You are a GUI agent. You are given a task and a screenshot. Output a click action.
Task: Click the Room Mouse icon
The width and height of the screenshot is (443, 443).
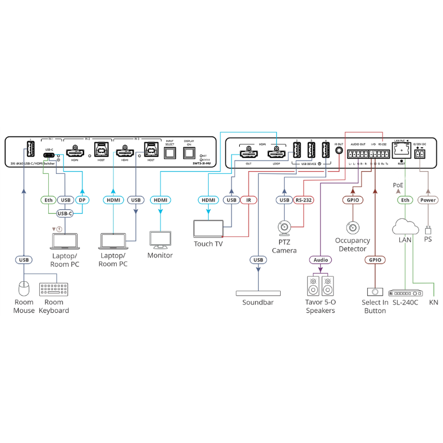click(x=24, y=289)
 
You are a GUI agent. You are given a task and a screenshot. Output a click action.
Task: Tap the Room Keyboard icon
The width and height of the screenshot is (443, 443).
click(x=53, y=290)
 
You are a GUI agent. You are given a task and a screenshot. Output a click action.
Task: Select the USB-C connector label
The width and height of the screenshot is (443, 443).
click(x=65, y=213)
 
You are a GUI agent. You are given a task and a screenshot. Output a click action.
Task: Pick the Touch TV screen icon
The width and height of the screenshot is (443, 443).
click(x=208, y=229)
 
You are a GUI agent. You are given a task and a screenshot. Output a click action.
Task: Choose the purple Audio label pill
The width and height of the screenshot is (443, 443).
click(x=320, y=259)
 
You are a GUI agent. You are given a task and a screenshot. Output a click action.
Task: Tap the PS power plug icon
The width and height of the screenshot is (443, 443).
click(x=427, y=228)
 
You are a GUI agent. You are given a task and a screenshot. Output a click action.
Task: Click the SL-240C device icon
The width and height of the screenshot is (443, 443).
click(x=405, y=292)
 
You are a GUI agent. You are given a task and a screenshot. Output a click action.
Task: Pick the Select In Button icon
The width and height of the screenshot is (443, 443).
click(x=374, y=291)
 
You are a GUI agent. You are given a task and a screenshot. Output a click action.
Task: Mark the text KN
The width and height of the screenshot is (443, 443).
click(x=434, y=302)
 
